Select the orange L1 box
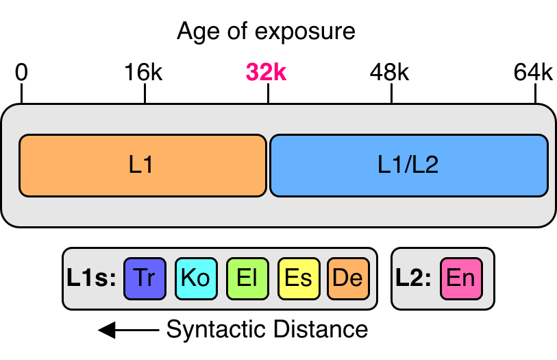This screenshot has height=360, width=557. point(143,165)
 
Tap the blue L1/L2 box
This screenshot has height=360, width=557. point(408,165)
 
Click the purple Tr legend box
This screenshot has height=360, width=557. point(145,278)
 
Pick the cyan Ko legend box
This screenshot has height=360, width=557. point(196,278)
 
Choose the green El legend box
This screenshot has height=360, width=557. point(247,278)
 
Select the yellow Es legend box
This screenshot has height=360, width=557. point(298,278)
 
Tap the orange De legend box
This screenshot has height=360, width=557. point(347,278)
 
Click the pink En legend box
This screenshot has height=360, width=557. point(461,278)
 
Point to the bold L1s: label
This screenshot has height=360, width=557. point(92,278)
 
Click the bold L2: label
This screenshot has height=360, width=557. point(413,278)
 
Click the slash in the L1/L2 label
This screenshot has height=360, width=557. point(409,165)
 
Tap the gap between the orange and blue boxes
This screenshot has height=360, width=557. point(268,165)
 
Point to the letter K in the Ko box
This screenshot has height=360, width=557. point(188,278)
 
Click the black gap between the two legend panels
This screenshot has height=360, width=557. point(384,278)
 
